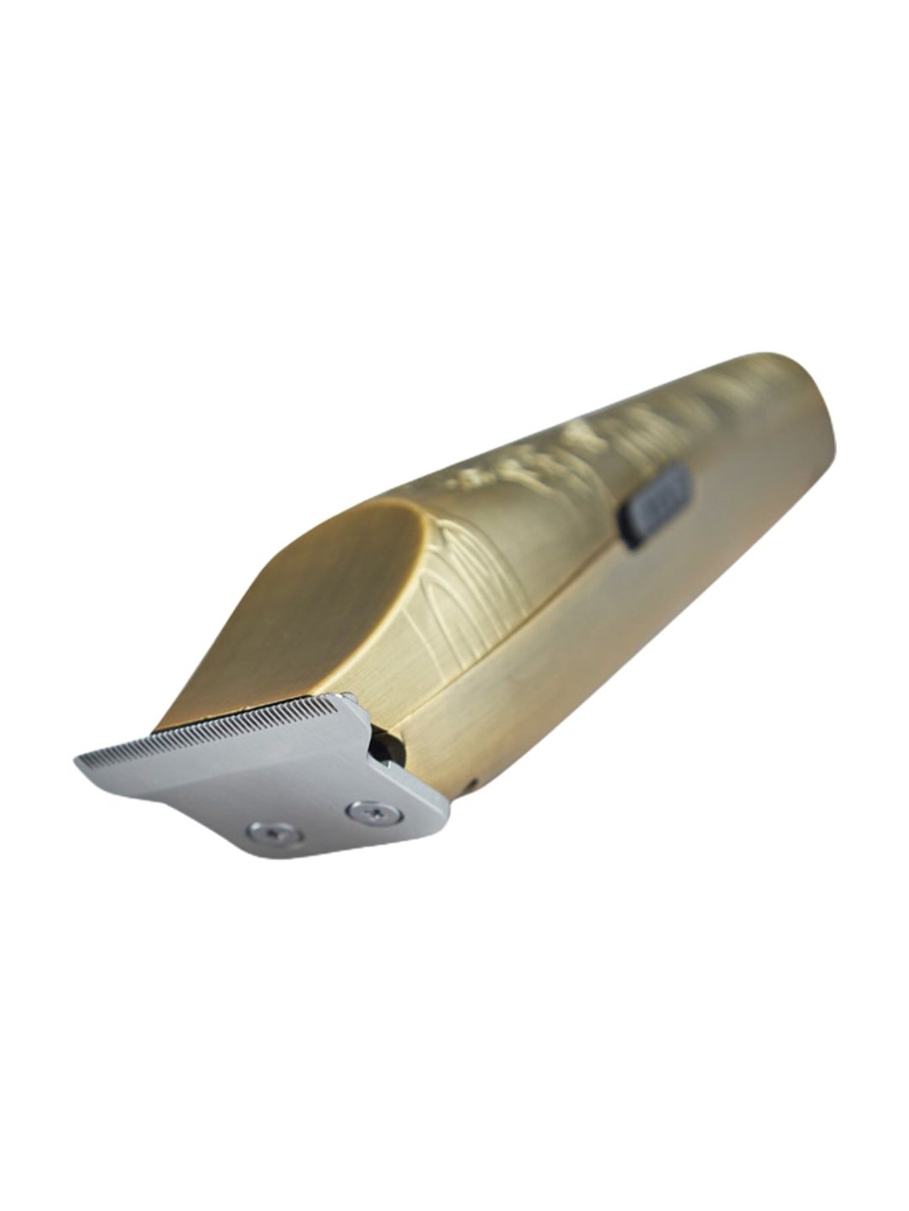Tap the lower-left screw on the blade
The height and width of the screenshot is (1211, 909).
(x=276, y=833)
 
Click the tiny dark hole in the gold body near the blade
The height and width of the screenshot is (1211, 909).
(x=471, y=784)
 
